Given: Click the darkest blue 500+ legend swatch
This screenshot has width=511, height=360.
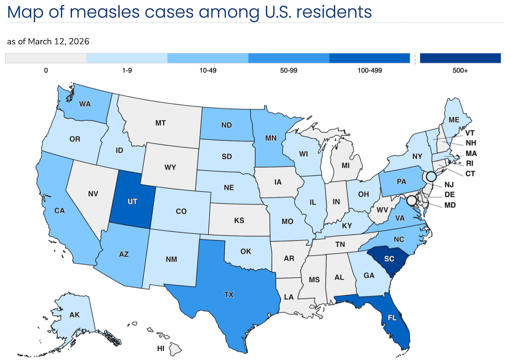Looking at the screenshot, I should (460, 58).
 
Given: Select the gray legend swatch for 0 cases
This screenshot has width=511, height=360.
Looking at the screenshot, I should (46, 58).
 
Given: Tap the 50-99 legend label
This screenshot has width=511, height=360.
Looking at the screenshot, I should (288, 71).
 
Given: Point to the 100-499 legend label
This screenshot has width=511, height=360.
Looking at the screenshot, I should (370, 71).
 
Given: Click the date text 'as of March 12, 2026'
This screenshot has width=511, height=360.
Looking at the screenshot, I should (48, 41).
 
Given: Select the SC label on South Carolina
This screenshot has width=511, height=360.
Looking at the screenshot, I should (389, 259).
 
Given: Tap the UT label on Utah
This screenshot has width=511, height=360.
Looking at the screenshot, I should (132, 201).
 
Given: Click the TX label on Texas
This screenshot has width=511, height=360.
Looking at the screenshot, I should (229, 294).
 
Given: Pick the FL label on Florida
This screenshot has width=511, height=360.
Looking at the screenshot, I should (392, 318).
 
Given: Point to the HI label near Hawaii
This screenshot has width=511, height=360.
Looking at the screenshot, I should (161, 348).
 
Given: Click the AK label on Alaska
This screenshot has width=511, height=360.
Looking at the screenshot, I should (74, 315).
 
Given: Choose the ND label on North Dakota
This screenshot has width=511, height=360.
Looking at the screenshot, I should (226, 125).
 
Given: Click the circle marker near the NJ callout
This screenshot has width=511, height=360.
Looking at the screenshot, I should (431, 176).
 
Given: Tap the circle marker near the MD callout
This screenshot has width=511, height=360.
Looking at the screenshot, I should (412, 201).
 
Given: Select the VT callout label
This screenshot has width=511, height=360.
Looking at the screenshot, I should (470, 133).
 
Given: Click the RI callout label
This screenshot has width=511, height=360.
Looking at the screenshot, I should (470, 164).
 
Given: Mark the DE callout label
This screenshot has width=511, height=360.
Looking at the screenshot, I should (450, 194).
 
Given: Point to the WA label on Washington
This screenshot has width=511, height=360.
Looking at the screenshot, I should (85, 104).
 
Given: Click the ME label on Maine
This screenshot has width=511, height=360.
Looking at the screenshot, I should (454, 120).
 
